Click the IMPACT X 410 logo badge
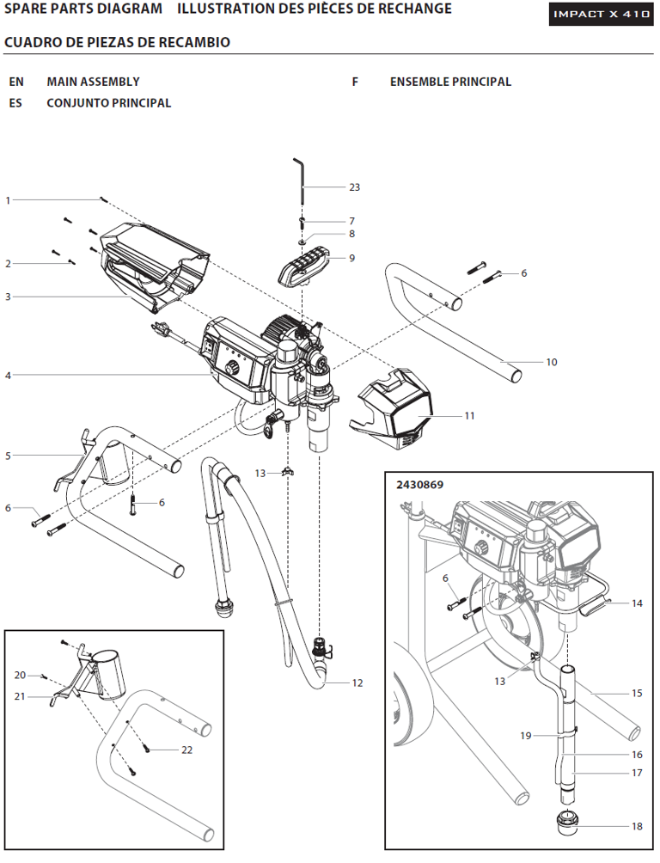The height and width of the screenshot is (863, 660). point(601,15)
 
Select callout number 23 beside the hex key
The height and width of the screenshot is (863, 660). point(354,187)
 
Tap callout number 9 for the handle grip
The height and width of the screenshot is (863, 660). point(351,258)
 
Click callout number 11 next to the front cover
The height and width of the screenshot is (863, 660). point(469,416)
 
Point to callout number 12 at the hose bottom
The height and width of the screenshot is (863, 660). point(357,683)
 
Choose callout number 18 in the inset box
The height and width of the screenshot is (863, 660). point(637,827)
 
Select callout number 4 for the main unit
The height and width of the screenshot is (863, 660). point(8,375)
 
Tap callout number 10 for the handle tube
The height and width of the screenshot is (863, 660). point(552,362)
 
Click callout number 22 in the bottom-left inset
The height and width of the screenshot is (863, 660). point(186,750)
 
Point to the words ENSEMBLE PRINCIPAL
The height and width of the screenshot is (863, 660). point(450,82)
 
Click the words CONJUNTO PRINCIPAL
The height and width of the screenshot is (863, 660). point(108,103)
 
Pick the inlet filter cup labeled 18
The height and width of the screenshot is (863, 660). point(568,823)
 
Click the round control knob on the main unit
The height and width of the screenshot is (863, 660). point(232,367)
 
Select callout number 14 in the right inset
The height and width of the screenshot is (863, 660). point(637,603)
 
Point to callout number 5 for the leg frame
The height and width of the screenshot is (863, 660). point(8,456)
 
